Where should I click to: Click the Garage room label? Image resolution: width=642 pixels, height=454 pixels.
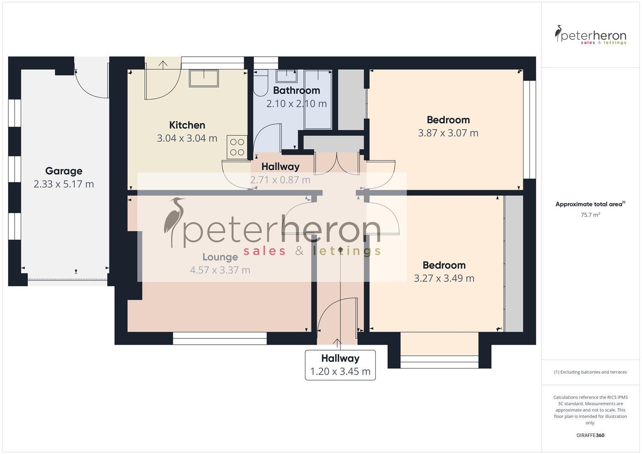pyautogui.click(x=63, y=171)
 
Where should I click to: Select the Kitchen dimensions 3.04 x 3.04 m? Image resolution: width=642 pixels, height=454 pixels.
pyautogui.click(x=187, y=138)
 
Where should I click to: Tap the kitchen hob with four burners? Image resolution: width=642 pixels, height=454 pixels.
pyautogui.click(x=237, y=147)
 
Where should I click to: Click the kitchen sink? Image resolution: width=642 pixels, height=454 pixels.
pyautogui.click(x=203, y=78)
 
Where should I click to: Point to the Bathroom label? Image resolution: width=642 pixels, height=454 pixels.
pyautogui.click(x=296, y=90)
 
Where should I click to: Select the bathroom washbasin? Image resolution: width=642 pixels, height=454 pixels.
pyautogui.click(x=286, y=76)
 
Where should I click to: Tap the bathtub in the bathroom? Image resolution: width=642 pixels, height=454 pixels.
pyautogui.click(x=317, y=99)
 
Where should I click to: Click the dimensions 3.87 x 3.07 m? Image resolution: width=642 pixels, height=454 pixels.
pyautogui.click(x=448, y=133)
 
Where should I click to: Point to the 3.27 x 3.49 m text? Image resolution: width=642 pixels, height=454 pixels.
pyautogui.click(x=444, y=278)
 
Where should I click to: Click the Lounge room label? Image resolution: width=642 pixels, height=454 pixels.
pyautogui.click(x=220, y=257)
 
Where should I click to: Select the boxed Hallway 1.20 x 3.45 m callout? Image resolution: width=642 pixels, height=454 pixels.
pyautogui.click(x=340, y=365)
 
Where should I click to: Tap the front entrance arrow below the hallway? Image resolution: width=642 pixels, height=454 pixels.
pyautogui.click(x=337, y=343)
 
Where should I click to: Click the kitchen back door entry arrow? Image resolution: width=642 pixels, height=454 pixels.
pyautogui.click(x=163, y=64)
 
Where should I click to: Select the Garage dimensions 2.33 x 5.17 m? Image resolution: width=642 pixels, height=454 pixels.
pyautogui.click(x=63, y=184)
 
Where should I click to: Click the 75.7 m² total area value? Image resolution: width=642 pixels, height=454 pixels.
pyautogui.click(x=590, y=215)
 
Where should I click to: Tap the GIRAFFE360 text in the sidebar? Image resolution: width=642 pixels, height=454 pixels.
pyautogui.click(x=590, y=435)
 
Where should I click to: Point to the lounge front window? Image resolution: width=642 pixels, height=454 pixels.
pyautogui.click(x=220, y=338)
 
